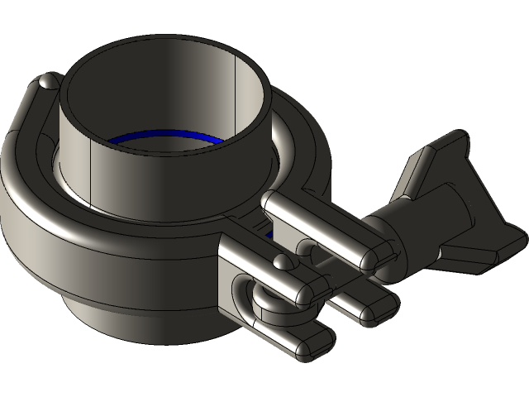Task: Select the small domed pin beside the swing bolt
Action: pyautogui.click(x=284, y=262)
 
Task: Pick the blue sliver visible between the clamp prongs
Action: pyautogui.click(x=270, y=236)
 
